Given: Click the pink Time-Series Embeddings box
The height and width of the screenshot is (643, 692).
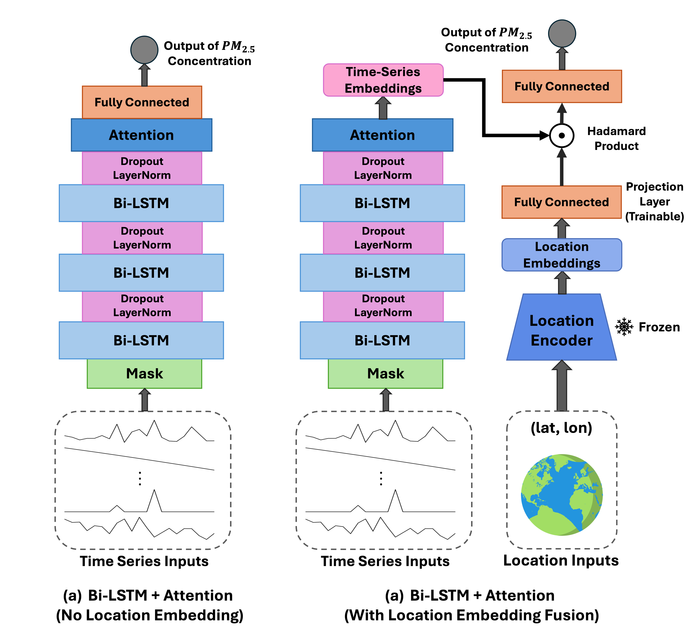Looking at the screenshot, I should [383, 80].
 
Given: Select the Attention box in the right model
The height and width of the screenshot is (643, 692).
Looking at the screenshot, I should [382, 135].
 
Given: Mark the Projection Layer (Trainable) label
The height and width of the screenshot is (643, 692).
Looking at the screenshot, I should [654, 202].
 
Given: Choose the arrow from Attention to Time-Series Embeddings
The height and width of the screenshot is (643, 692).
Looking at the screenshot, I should [383, 108].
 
